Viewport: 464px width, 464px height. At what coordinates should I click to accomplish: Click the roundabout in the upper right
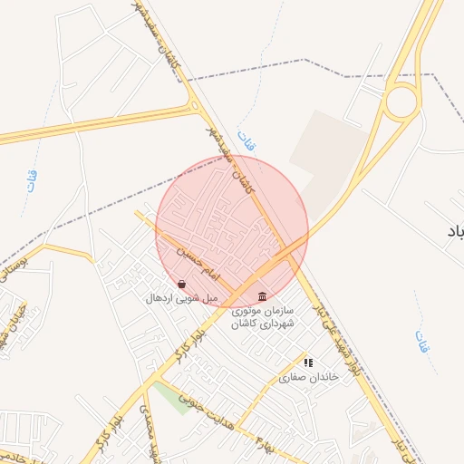(x=401, y=101)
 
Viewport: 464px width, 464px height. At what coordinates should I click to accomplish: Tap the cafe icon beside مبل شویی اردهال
(x=182, y=284)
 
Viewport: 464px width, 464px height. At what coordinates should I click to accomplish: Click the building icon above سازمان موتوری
(x=263, y=295)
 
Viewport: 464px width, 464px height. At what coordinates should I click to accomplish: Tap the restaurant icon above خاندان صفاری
(x=308, y=362)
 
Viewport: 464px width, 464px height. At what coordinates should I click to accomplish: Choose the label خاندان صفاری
(x=308, y=376)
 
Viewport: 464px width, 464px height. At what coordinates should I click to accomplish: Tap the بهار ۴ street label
(x=264, y=445)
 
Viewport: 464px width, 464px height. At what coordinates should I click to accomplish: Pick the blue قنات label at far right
(x=422, y=341)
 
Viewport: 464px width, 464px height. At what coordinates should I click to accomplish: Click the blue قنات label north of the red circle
(x=246, y=140)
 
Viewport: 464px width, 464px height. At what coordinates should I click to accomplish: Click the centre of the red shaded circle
(x=232, y=231)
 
